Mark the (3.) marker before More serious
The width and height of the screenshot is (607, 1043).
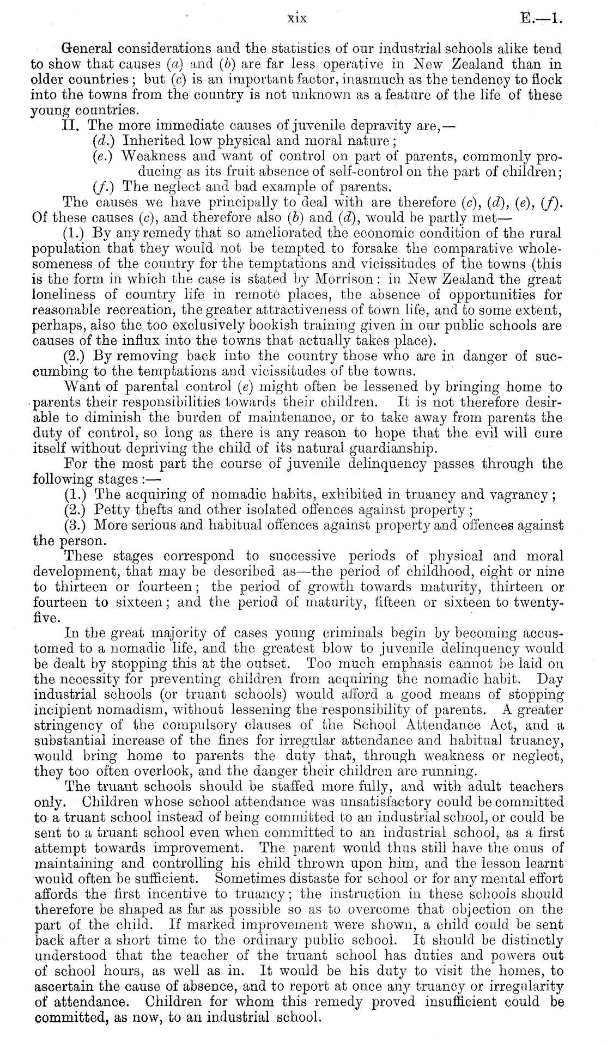[76, 526]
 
